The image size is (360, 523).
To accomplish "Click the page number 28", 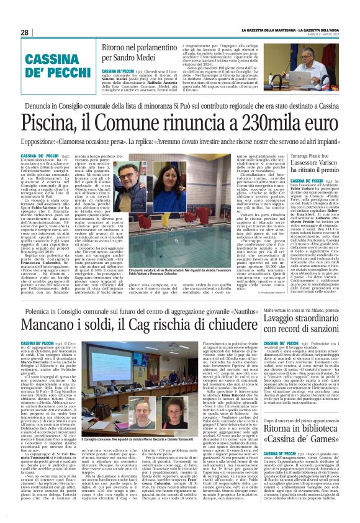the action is click(x=24, y=32).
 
